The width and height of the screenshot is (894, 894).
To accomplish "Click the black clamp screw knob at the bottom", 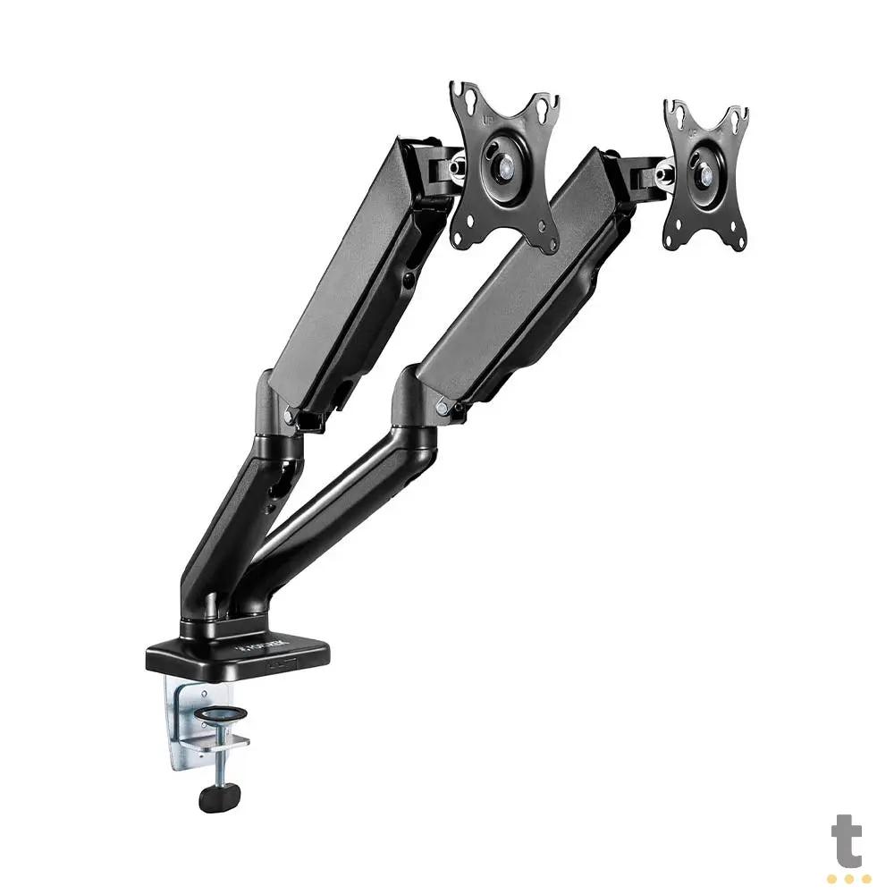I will tap(219, 795).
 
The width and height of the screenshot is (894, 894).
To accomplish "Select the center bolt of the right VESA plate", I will tap(704, 174).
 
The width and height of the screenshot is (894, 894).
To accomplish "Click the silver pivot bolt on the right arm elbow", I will tap(442, 407).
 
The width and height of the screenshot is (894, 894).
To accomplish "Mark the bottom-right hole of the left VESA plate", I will tap(548, 240).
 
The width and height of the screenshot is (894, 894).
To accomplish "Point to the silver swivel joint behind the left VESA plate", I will tap(458, 164).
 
